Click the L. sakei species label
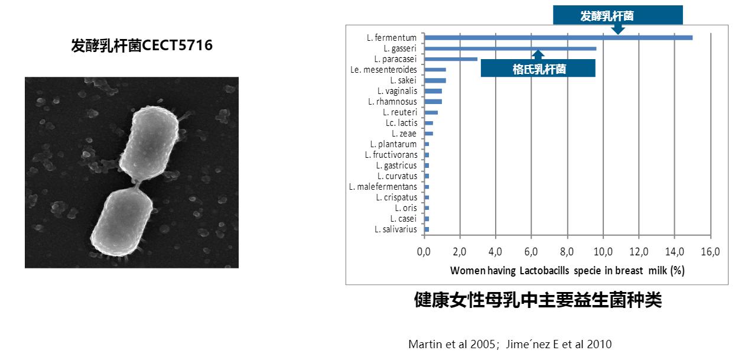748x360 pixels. pyautogui.click(x=404, y=80)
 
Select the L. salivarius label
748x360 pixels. pyautogui.click(x=395, y=229)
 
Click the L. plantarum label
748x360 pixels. pyautogui.click(x=393, y=144)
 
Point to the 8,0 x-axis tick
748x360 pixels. pyautogui.click(x=567, y=252)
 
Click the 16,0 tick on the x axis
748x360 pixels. pyautogui.click(x=710, y=252)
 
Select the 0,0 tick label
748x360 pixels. pyautogui.click(x=424, y=252)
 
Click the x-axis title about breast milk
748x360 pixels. pyautogui.click(x=567, y=271)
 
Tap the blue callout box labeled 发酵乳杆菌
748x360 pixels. pyautogui.click(x=617, y=15)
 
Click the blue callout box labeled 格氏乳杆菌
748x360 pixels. pyautogui.click(x=538, y=69)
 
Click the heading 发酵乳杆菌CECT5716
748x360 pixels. pyautogui.click(x=142, y=46)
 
